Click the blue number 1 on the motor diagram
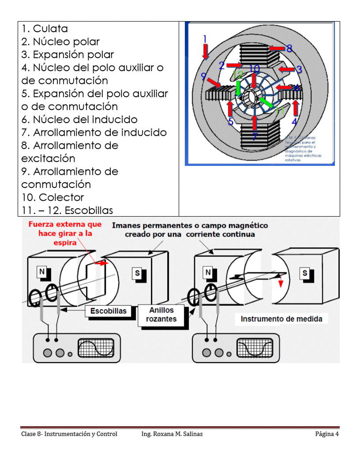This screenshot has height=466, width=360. [205, 39]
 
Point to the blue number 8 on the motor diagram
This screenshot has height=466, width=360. [289, 48]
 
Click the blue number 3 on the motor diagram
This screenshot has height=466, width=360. [299, 69]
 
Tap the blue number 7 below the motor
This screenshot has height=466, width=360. [255, 136]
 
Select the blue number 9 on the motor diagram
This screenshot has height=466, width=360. [203, 76]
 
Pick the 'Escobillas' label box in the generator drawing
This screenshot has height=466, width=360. [108, 311]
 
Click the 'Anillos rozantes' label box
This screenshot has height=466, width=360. [161, 315]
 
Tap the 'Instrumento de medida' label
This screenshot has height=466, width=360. [281, 319]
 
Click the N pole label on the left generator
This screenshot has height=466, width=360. [42, 272]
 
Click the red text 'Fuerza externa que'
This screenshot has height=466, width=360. [65, 225]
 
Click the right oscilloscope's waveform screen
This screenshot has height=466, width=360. [255, 349]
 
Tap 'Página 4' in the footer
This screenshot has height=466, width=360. [326, 434]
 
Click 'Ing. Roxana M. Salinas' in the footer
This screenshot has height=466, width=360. [172, 434]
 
